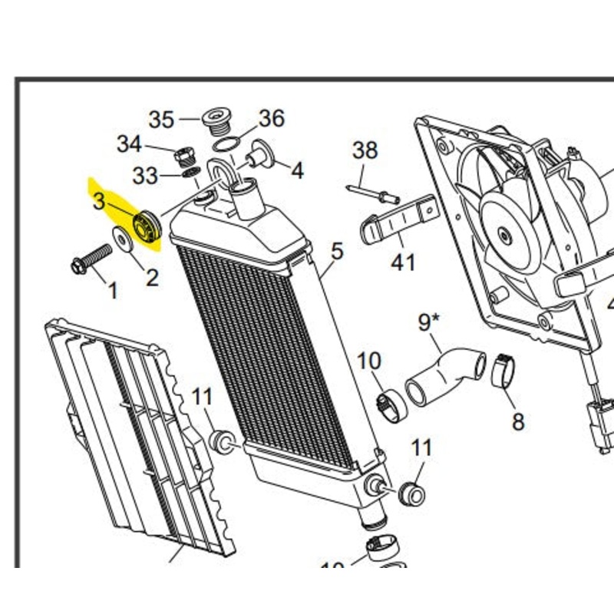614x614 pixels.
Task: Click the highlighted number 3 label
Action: coord(100,202)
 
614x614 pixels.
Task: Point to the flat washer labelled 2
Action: coord(121,239)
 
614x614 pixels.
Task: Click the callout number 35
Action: coord(161,120)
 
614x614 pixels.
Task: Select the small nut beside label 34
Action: coord(183,156)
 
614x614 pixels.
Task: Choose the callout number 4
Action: coord(296,170)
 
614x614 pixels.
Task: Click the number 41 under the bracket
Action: coord(402,262)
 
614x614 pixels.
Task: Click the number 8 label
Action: coord(518,421)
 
